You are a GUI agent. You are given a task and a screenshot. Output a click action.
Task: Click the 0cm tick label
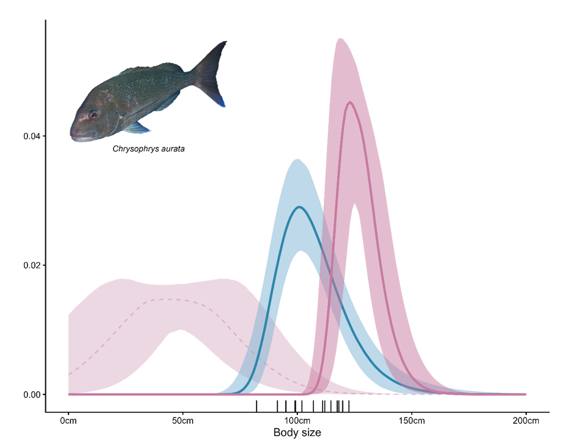68,421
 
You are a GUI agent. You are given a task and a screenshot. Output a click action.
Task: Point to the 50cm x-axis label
182,421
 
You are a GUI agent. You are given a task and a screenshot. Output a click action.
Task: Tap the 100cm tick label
297,421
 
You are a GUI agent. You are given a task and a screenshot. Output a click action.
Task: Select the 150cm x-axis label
411,421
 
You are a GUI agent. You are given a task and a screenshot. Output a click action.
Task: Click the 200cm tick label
525,421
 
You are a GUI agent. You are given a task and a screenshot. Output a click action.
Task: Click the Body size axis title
297,433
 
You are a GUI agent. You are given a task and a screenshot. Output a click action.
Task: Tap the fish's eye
92,114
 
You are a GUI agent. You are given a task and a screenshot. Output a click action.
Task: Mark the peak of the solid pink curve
349,102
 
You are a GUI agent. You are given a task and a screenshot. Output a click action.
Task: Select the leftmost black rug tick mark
256,406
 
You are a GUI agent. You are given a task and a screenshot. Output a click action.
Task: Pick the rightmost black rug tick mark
349,406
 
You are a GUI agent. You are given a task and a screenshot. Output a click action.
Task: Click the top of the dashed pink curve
165,299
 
